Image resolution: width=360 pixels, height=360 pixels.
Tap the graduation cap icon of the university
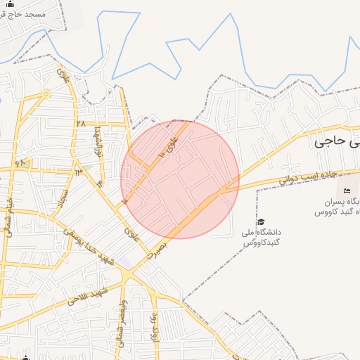click(x=262, y=222)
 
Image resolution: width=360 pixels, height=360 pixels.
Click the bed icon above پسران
click(x=346, y=191)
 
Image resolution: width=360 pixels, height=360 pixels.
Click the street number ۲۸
click(x=80, y=124)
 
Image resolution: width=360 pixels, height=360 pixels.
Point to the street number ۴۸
click(x=20, y=164)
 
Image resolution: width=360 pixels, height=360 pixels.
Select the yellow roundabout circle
click(x=46, y=93)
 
